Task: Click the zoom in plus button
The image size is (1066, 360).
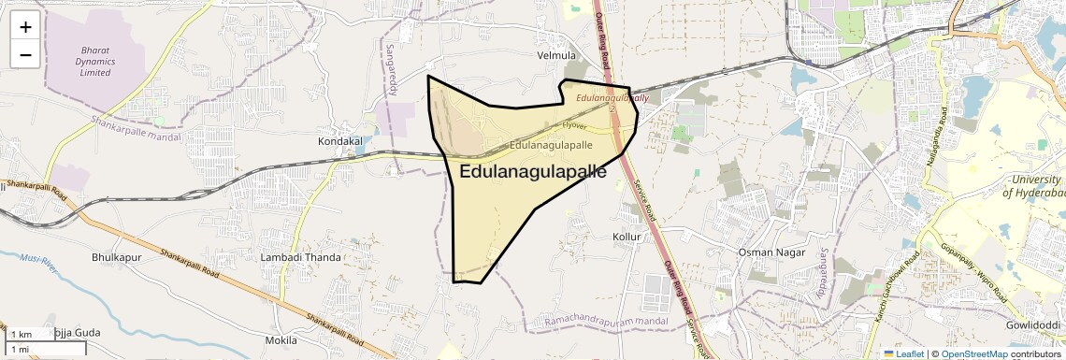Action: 25,27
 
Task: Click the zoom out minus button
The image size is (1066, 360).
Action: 25,54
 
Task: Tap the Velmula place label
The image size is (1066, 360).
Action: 556,56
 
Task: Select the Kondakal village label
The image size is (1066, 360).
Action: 339,141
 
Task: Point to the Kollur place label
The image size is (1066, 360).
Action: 627,237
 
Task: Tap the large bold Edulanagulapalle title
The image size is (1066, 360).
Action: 533,172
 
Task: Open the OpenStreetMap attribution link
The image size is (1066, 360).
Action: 973,353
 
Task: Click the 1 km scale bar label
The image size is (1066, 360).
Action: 21,335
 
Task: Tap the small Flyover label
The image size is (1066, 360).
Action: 574,124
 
